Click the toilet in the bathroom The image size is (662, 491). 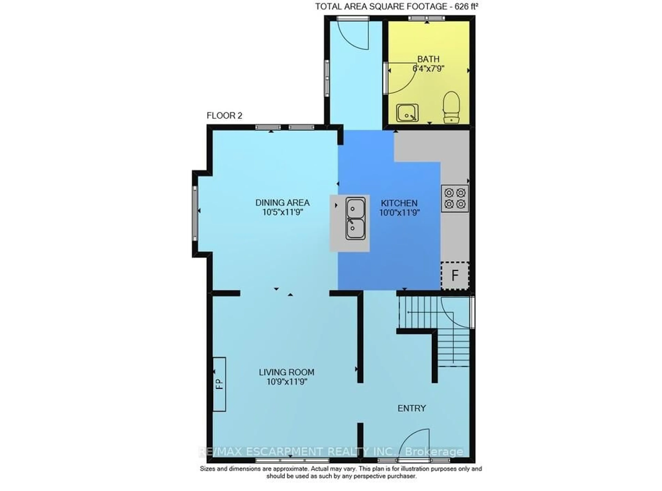pyautogui.click(x=451, y=107)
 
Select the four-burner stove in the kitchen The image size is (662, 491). pyautogui.click(x=455, y=198)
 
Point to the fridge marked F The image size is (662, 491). pyautogui.click(x=455, y=275)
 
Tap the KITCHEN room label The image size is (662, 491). pyautogui.click(x=399, y=203)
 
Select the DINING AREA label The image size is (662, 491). pyautogui.click(x=282, y=203)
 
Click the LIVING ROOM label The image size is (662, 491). pyautogui.click(x=287, y=372)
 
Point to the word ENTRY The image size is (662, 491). pyautogui.click(x=412, y=408)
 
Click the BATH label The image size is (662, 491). pyautogui.click(x=428, y=59)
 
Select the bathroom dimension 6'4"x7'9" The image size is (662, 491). pyautogui.click(x=428, y=69)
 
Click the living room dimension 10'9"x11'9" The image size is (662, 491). pyautogui.click(x=287, y=382)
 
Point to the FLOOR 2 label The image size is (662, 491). pyautogui.click(x=224, y=116)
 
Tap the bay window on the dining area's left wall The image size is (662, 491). pyautogui.click(x=195, y=213)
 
